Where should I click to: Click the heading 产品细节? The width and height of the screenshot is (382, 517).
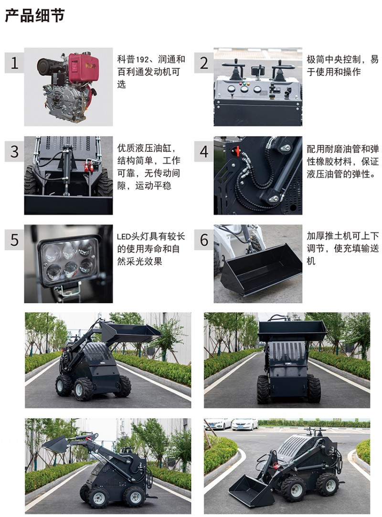35,15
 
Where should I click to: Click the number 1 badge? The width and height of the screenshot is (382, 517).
14,63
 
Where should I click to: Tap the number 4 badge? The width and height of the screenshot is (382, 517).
204,151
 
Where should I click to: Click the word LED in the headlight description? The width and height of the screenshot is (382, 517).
124,237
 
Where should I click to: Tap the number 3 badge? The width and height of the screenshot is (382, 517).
14,151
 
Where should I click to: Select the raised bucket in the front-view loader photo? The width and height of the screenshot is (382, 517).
292,331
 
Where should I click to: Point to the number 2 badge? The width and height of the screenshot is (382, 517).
204,63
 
